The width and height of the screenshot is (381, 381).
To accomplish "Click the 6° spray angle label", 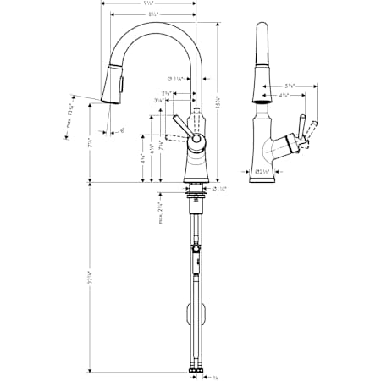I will (122, 130).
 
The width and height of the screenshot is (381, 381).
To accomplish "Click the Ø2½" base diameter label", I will (264, 174).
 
